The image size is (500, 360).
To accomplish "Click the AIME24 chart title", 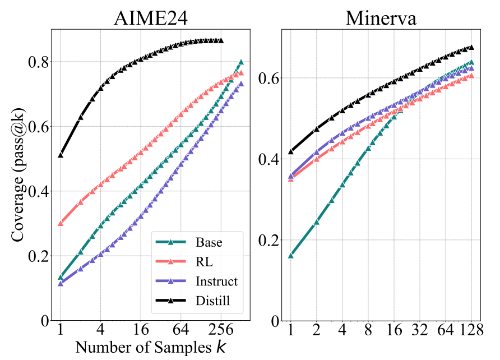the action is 151,18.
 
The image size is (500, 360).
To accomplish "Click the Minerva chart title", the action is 381,18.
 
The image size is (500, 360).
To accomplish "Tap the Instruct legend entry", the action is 196,281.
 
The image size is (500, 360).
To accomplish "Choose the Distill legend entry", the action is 193,301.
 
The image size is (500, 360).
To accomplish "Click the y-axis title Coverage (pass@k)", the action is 18,175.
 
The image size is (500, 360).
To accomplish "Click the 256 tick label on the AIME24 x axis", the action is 221,329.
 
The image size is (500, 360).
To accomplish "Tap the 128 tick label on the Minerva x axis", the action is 471,329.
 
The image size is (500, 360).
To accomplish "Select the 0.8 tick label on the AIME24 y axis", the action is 38,62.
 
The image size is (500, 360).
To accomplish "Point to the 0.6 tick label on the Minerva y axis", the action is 268,78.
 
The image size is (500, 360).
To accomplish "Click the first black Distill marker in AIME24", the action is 61,155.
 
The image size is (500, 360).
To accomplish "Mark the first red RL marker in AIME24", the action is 61,223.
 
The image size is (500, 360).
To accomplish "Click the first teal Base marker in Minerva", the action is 290,255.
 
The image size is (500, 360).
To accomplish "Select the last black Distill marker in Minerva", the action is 471,47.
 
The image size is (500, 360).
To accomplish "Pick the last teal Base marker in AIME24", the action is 241,62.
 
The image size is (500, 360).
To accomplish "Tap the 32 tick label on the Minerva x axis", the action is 420,329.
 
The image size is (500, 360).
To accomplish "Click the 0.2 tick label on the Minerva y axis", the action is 268,240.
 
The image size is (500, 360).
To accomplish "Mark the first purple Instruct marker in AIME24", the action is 61,283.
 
